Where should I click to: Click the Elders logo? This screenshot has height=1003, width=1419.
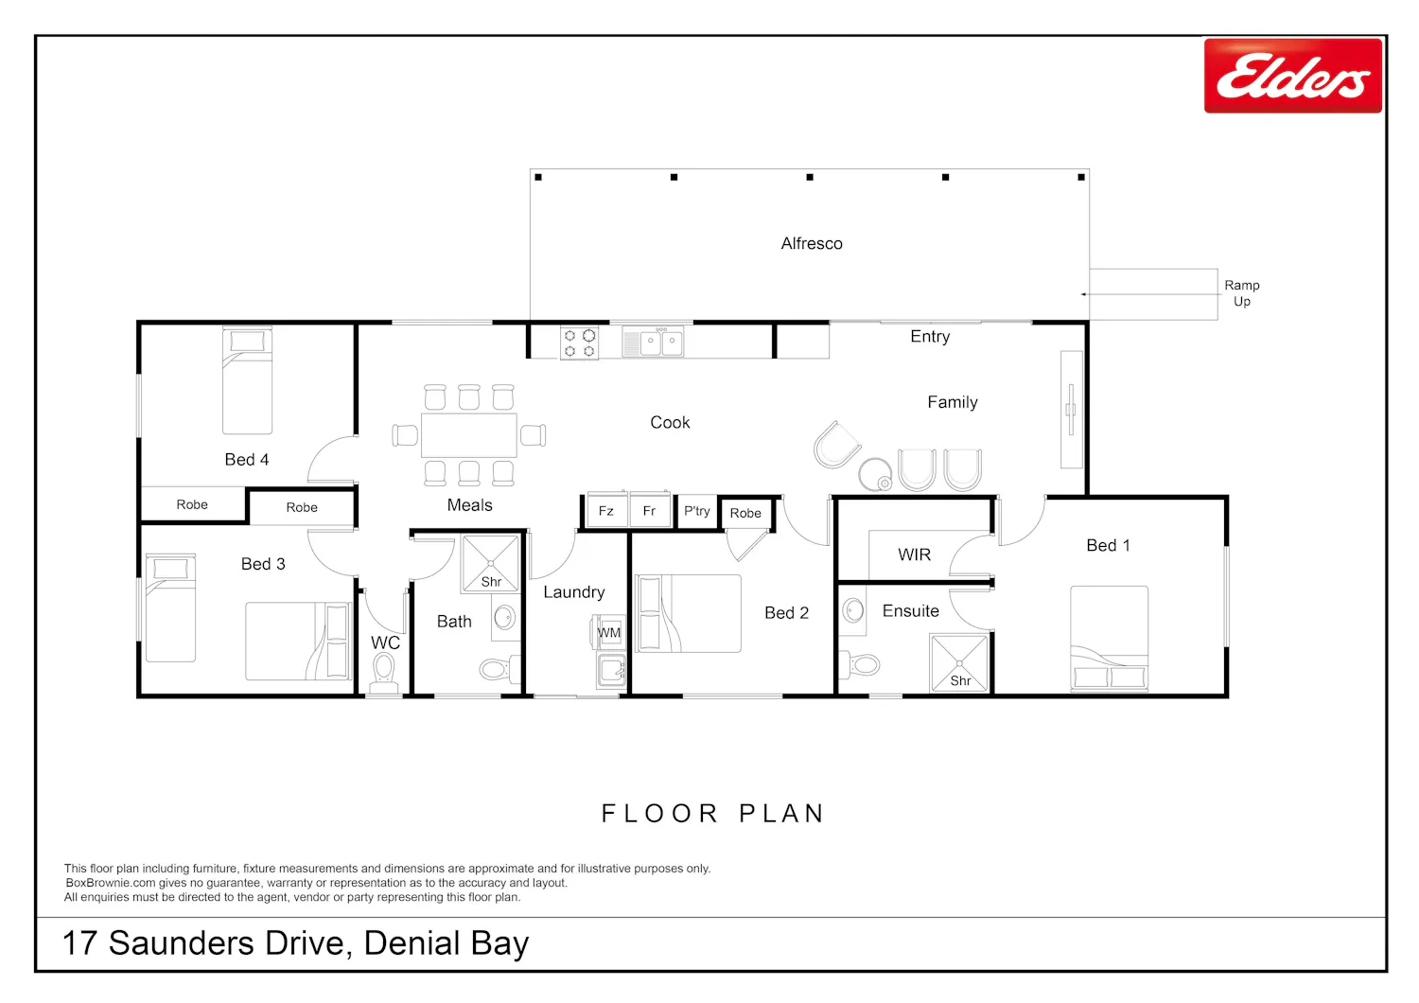(x=1292, y=76)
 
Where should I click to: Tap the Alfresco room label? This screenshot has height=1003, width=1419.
(x=812, y=244)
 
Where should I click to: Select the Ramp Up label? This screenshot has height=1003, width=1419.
(x=1241, y=293)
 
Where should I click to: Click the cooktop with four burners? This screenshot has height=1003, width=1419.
(x=579, y=343)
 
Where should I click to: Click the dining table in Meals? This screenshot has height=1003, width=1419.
(x=469, y=435)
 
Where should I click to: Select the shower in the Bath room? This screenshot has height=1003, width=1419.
(x=491, y=564)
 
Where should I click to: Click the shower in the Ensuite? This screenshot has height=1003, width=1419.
(x=959, y=662)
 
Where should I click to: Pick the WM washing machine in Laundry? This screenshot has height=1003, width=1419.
(x=609, y=632)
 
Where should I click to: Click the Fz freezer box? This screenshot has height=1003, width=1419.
(x=606, y=510)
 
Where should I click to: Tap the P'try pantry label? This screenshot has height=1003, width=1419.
(x=697, y=511)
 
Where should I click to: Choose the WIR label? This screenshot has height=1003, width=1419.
(x=914, y=555)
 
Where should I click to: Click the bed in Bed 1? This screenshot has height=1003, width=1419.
(x=1110, y=638)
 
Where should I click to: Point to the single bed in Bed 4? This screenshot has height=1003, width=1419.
(x=247, y=380)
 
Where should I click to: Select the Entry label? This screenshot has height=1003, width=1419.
(x=930, y=337)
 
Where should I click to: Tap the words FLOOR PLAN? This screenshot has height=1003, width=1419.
(x=712, y=814)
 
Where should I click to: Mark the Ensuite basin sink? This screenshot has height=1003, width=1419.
(x=854, y=611)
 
